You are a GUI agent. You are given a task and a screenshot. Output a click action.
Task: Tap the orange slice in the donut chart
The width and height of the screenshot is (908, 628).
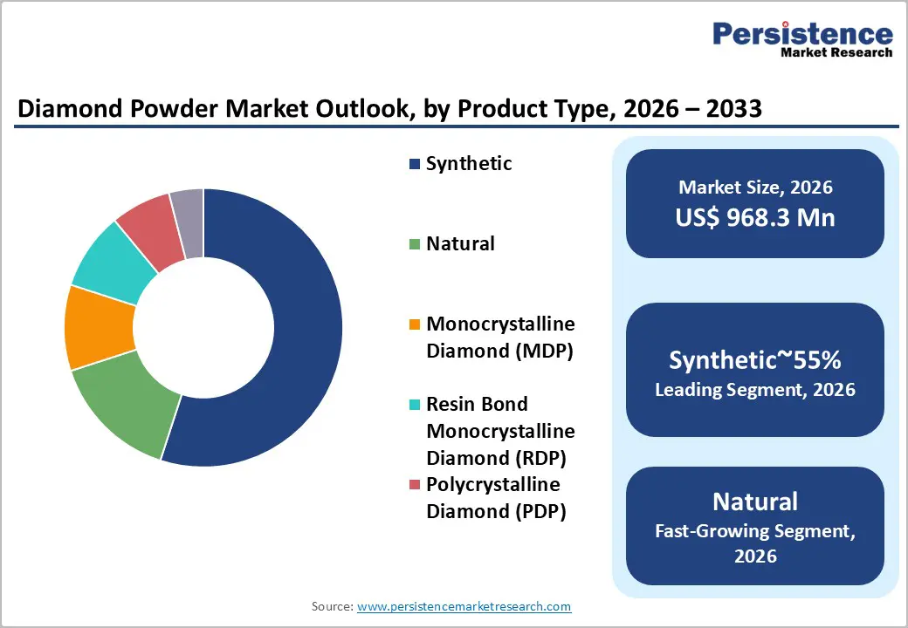point(100,327)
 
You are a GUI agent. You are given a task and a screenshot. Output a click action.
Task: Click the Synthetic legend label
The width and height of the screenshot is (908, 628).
point(468,164)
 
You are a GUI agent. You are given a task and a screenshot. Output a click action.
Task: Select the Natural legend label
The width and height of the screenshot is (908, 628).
point(460,243)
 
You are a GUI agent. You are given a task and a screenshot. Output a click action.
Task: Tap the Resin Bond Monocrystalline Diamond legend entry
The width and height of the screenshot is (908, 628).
point(500,431)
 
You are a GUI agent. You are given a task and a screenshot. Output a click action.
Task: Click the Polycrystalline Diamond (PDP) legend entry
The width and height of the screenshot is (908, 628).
point(495,498)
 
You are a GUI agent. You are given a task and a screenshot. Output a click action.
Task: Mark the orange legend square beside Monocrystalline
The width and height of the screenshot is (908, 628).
point(415,325)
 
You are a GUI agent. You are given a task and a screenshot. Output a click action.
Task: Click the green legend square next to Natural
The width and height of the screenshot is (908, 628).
point(415,245)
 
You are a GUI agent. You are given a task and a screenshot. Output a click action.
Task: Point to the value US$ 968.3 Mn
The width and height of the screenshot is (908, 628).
point(755,217)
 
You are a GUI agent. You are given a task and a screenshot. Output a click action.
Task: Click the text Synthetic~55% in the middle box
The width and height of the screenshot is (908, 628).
point(755,359)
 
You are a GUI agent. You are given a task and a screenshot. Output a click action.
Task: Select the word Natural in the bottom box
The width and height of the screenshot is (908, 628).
point(755,502)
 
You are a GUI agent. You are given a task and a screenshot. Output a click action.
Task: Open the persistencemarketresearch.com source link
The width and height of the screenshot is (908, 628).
point(464,606)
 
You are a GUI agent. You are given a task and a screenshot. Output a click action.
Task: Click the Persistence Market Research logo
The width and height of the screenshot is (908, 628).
point(802,38)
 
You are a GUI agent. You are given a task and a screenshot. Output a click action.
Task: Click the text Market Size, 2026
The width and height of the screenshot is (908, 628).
point(755,187)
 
